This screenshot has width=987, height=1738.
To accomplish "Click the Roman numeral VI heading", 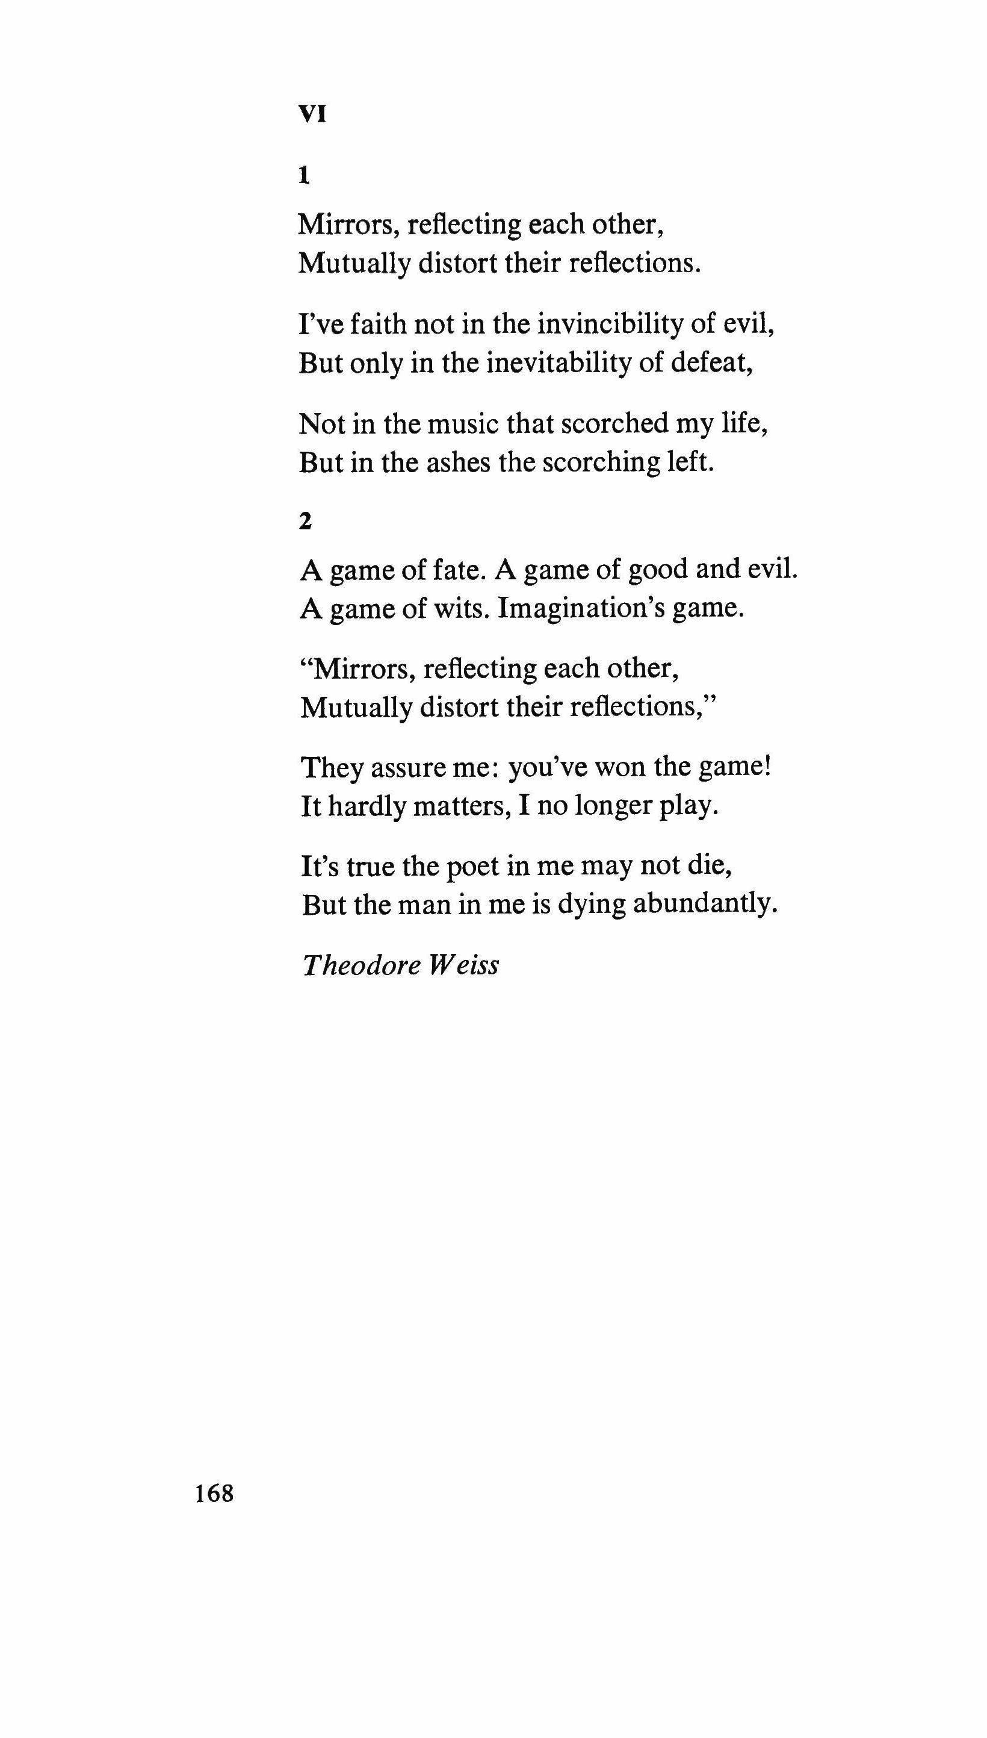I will point(312,115).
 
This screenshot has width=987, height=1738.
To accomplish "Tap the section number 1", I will point(305,176).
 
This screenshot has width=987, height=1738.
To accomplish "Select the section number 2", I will point(305,522).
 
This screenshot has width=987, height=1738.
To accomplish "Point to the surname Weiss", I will point(463,964).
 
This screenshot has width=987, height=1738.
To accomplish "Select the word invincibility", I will point(610,325).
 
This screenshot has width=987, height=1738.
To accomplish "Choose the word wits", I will point(460,609).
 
